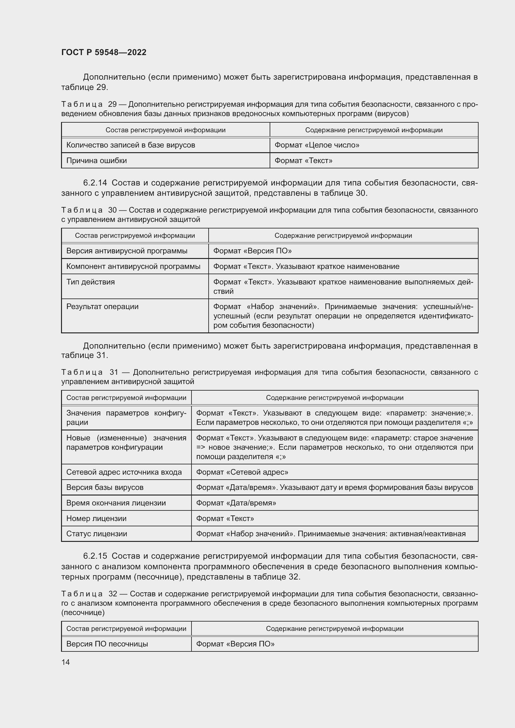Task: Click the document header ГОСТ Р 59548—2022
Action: point(104,52)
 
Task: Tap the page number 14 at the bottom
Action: point(65,662)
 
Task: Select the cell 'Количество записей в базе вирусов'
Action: point(130,145)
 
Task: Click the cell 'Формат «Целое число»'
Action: point(316,145)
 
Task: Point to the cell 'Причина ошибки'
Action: point(97,161)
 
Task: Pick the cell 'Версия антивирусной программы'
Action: point(126,251)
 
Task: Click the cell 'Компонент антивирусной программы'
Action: point(133,267)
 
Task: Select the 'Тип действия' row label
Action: point(90,282)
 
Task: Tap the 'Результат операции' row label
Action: point(102,307)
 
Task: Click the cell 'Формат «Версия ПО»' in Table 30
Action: point(252,251)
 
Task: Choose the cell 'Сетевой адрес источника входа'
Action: point(124,472)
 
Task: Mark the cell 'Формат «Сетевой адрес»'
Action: point(242,472)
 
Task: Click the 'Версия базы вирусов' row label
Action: point(105,487)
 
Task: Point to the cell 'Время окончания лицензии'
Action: point(116,503)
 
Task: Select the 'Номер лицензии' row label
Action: point(96,519)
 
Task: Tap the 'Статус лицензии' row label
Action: point(97,534)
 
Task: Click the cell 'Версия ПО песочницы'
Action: point(107,644)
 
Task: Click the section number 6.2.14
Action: point(95,183)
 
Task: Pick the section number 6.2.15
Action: point(95,556)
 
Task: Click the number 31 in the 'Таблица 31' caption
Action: point(114,372)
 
